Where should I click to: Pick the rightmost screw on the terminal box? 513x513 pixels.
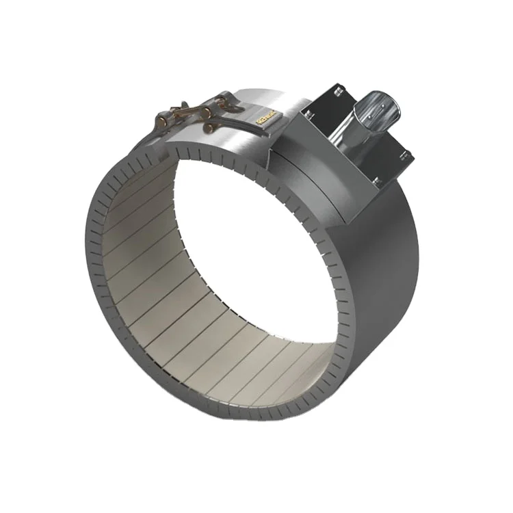click(x=409, y=154)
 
